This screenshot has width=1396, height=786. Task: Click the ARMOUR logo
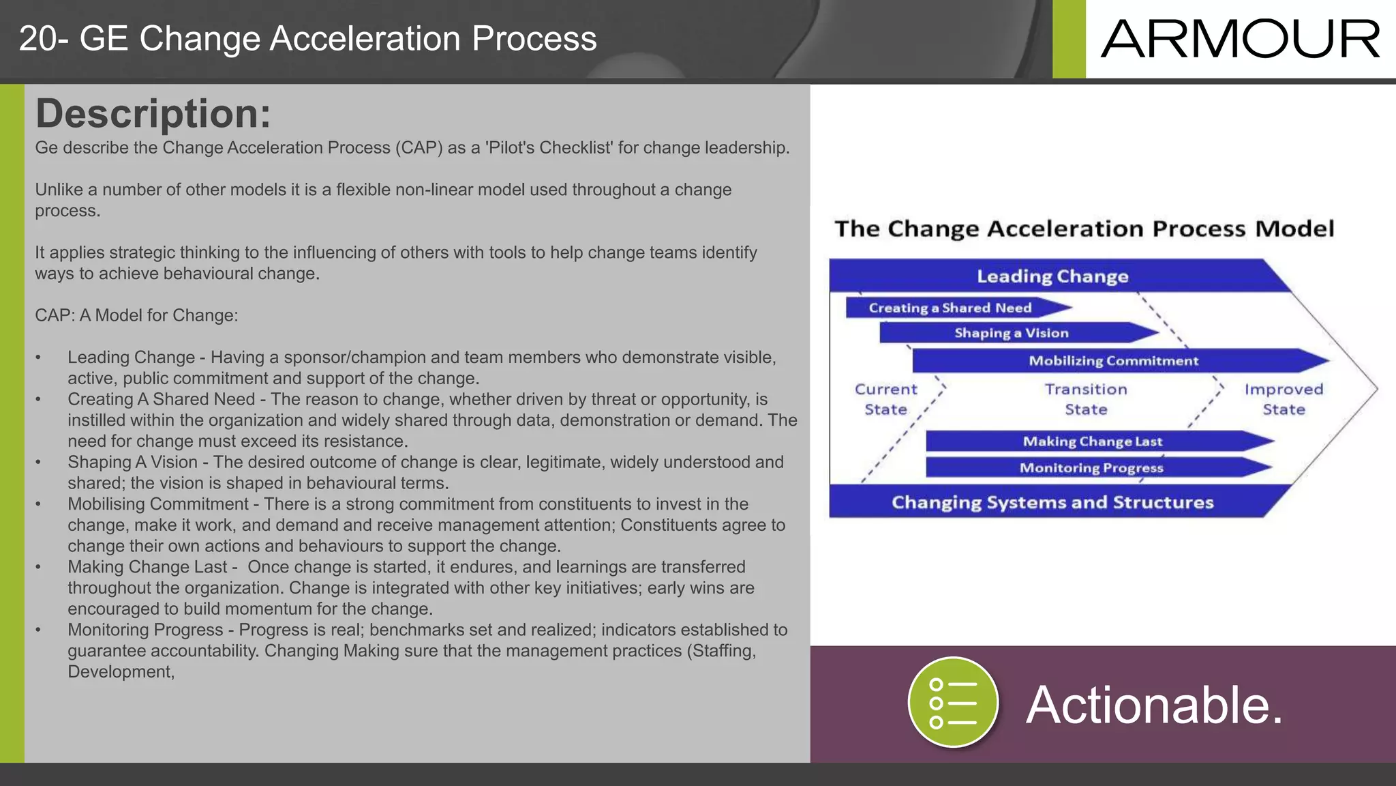[x=1240, y=39]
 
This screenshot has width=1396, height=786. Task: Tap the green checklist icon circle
[x=953, y=703]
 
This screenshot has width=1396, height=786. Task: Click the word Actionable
[x=1154, y=705]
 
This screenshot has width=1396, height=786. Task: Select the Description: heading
[x=153, y=113]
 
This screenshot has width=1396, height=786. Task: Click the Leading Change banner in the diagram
[x=1052, y=276]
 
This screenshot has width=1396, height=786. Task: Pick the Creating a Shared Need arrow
[x=950, y=308]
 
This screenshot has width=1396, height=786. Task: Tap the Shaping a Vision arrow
[x=1012, y=333]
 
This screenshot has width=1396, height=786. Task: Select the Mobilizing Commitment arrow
[x=1113, y=361]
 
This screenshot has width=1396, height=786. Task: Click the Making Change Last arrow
[x=1092, y=441]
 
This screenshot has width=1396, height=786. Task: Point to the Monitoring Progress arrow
[x=1091, y=468]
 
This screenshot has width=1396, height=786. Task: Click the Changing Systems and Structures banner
[x=1052, y=502]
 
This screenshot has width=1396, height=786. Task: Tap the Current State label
[x=886, y=399]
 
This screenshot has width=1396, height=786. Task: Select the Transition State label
[x=1086, y=399]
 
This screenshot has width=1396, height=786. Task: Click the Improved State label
[x=1284, y=399]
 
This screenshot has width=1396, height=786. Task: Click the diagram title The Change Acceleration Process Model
[x=1084, y=229]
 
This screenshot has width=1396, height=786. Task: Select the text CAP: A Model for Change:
[x=136, y=315]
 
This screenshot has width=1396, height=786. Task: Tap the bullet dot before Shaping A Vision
[x=39, y=463]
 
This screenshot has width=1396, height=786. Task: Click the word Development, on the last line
[x=121, y=672]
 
